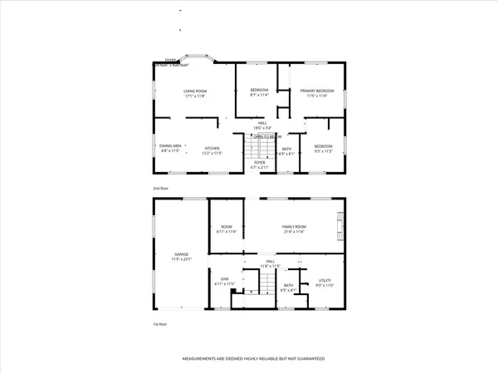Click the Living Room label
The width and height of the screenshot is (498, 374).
point(194,92)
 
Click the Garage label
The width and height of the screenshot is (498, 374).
point(181,256)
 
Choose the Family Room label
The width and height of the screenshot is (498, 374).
point(295,229)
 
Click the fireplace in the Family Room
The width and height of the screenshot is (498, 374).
point(339,225)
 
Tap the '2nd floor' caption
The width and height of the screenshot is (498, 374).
point(160,189)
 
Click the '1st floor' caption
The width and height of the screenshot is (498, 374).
point(160,324)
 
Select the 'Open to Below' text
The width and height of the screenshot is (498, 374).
point(267,136)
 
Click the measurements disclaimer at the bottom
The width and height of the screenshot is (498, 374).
point(253,358)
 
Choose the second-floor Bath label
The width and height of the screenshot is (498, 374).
point(286,151)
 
